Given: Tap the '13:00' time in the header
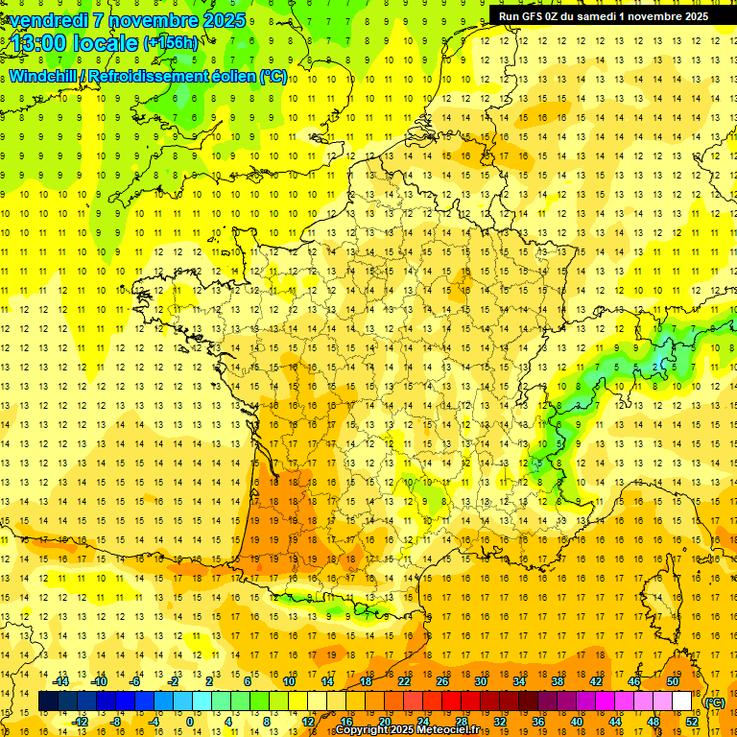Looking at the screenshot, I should (41, 42).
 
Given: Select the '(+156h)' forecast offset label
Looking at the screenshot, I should (171, 42).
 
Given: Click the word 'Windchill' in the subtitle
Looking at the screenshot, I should (42, 76).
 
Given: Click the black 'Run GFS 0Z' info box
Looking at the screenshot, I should (603, 15).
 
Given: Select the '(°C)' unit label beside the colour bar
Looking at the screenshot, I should (714, 702).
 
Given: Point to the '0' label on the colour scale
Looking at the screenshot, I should (189, 722).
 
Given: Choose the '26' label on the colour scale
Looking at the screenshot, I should (442, 681).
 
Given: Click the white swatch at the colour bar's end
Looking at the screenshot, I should (682, 701).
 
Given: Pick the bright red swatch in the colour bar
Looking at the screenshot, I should (452, 701).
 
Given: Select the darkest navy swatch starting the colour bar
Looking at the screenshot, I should (48, 701).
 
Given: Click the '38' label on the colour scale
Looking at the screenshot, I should (558, 681).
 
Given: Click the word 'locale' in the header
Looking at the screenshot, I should (106, 42).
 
